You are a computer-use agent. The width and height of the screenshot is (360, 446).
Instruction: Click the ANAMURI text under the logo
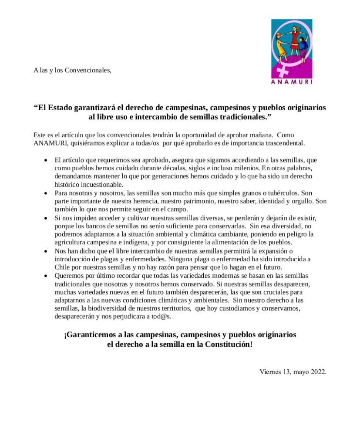click(291, 81)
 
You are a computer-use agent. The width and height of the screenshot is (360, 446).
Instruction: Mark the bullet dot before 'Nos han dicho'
click(46, 251)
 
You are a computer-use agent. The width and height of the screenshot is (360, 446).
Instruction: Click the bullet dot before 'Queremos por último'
click(46, 276)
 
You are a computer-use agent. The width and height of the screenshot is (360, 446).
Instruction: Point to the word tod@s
click(161, 317)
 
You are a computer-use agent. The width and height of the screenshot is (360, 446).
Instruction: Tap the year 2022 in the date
click(318, 372)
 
